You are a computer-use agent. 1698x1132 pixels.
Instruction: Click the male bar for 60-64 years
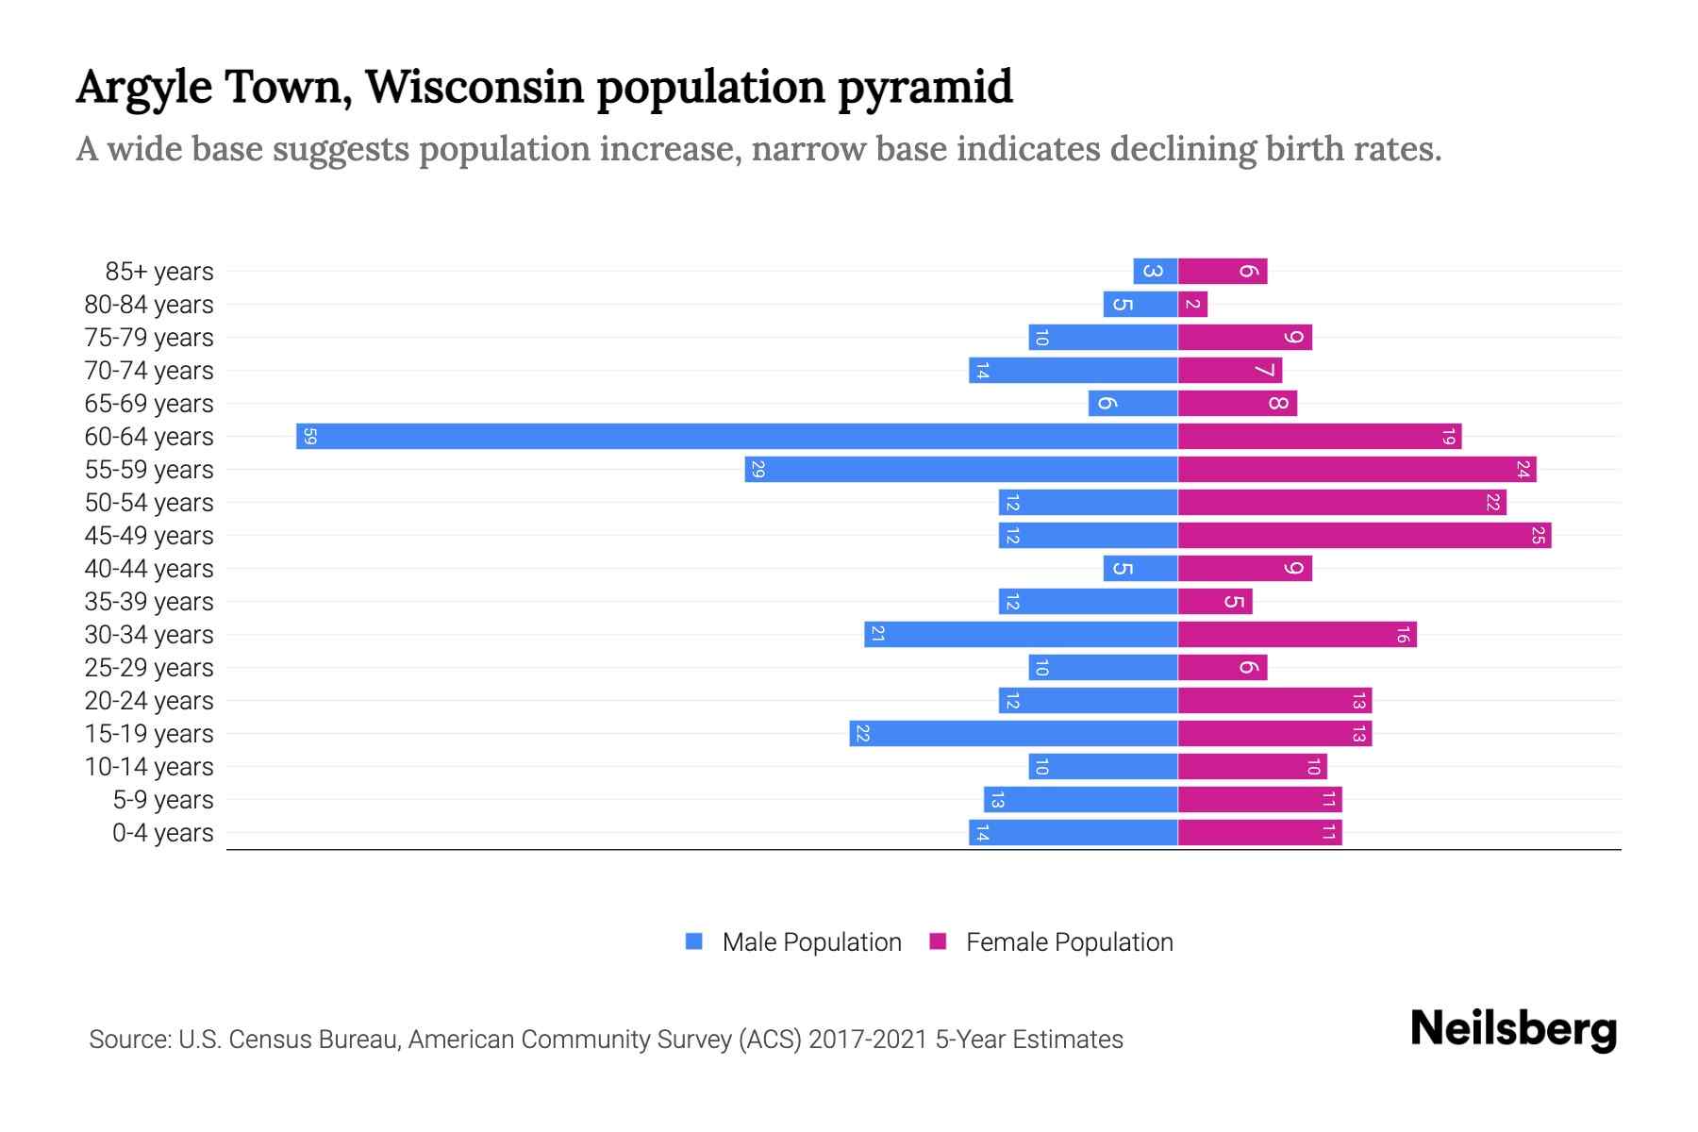(736, 437)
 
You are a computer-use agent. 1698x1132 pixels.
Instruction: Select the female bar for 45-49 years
(1364, 536)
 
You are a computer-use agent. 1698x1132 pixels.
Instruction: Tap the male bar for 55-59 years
(960, 470)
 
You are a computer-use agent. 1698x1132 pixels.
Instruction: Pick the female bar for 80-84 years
(1192, 305)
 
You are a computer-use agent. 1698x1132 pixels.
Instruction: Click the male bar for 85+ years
(1155, 272)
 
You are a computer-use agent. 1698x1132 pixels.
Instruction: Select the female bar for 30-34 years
(1297, 635)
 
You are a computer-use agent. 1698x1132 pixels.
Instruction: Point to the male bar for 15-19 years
(1013, 734)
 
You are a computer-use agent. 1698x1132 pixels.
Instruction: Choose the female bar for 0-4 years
(1259, 833)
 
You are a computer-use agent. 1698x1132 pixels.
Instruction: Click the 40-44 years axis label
(149, 569)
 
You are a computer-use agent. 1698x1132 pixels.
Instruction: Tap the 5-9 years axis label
(162, 800)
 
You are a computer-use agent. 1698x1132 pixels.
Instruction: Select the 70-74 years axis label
(149, 371)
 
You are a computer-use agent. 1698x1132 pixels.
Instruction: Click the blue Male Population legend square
(694, 941)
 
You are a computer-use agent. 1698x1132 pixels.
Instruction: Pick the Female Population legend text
(1069, 942)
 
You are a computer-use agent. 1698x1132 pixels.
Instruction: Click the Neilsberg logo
(1513, 1029)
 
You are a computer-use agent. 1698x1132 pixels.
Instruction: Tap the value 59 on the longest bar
(309, 437)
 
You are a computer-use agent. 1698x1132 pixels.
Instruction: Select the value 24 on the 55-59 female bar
(1523, 470)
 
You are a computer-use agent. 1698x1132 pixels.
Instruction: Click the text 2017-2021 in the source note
(867, 1040)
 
